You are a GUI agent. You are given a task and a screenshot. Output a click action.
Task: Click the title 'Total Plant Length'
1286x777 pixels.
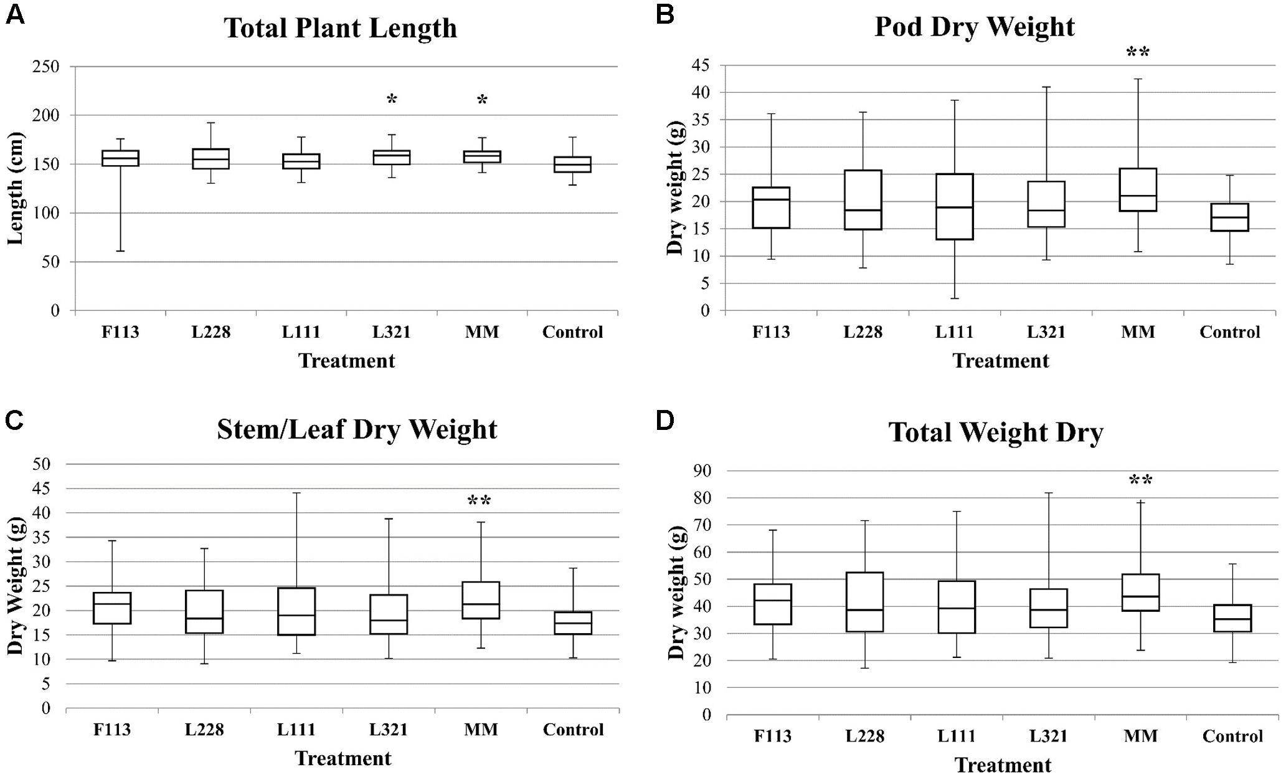pos(340,28)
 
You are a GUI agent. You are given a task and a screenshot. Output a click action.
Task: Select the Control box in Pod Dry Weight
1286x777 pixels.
pos(1230,217)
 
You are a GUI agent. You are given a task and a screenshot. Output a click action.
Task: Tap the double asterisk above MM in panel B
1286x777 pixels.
pos(1138,53)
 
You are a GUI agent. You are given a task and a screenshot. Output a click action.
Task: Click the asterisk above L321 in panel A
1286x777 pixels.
pos(392,99)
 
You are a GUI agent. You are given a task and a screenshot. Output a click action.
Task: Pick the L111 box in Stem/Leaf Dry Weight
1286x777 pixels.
pos(296,611)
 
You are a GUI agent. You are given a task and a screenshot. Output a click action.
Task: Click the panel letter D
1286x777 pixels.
pos(664,421)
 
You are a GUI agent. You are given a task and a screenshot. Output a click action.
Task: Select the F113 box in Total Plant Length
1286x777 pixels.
pos(120,158)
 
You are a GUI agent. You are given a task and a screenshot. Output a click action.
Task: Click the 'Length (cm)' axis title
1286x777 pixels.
pos(15,189)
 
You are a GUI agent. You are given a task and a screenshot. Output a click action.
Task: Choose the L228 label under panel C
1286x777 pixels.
pos(204,730)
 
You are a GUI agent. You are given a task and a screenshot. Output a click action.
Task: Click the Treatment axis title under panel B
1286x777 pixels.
pos(1001,361)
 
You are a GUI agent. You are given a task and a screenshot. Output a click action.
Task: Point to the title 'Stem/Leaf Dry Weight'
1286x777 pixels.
pos(357,429)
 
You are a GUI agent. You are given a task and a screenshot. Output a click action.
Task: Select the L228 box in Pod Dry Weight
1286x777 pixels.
pos(863,199)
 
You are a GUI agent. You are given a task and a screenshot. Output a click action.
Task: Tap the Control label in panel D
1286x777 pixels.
pos(1232,736)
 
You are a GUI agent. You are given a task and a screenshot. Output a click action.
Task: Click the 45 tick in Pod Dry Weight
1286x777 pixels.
pos(702,65)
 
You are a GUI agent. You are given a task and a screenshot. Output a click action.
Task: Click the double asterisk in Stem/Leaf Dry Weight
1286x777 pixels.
pos(479,501)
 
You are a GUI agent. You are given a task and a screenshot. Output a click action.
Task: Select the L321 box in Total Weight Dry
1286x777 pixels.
pos(1049,608)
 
